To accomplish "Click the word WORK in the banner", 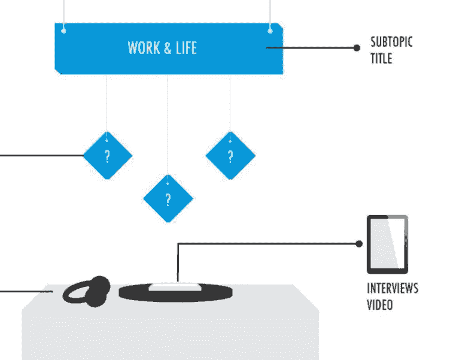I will tap(142, 48).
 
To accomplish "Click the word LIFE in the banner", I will tap(186, 48).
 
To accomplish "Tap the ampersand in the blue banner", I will tap(166, 48).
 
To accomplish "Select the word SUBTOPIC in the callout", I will tap(391, 43).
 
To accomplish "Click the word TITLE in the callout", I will tap(381, 58).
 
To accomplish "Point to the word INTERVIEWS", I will tap(392, 288).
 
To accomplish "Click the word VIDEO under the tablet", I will tap(379, 304).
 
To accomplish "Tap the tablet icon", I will tap(387, 244).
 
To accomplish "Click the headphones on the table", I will tap(88, 291).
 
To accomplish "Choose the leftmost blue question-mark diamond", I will tap(107, 156).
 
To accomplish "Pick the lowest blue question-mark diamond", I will tap(168, 198).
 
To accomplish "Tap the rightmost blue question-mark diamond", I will tap(230, 156).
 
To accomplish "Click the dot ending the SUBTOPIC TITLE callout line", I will tap(357, 47).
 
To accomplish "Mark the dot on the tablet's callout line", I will tap(358, 244).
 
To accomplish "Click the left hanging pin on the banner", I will tap(64, 30).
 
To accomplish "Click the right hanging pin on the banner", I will tap(270, 29).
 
